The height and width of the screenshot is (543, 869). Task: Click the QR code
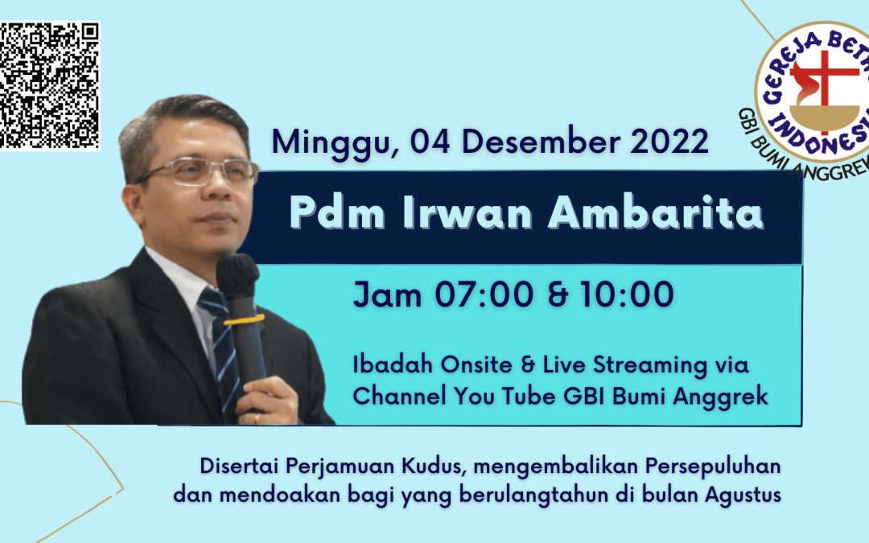point(49,85)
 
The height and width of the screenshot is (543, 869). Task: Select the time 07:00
point(484,294)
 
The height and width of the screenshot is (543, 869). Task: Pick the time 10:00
point(627,294)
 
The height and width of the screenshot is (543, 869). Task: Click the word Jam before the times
point(387,294)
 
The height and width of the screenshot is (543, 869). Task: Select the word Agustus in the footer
point(743,495)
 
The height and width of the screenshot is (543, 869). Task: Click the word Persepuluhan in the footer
point(713,467)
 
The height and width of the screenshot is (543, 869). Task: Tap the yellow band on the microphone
point(244,319)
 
